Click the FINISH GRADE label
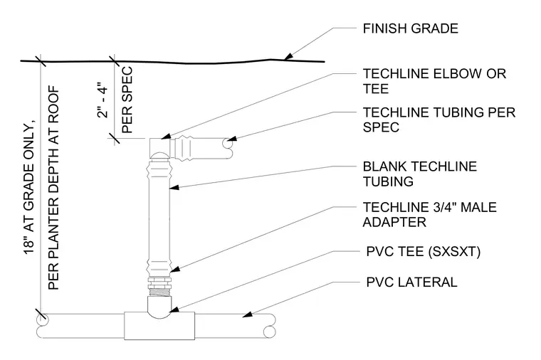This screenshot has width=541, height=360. [x=410, y=28]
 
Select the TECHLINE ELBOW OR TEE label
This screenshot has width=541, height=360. [x=434, y=81]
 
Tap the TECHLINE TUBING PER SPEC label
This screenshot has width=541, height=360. [x=439, y=120]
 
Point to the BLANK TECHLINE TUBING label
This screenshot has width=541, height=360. [x=419, y=174]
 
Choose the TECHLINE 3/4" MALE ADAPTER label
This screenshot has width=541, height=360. [x=429, y=214]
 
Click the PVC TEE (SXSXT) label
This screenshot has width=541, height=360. [x=424, y=252]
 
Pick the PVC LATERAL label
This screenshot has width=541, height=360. [x=411, y=282]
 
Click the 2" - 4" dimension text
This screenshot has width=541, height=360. [x=103, y=100]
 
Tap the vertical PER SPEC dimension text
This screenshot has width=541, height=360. [x=127, y=100]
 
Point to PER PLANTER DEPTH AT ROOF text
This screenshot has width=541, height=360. [x=53, y=188]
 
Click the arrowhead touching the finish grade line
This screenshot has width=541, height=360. [x=288, y=56]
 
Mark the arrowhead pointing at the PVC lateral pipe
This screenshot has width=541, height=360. [x=248, y=314]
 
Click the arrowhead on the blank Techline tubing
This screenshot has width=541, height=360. [x=174, y=187]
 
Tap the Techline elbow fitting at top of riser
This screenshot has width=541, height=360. [x=159, y=148]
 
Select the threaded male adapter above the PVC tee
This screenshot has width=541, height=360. [x=159, y=287]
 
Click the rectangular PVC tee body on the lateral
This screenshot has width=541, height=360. [x=159, y=326]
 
